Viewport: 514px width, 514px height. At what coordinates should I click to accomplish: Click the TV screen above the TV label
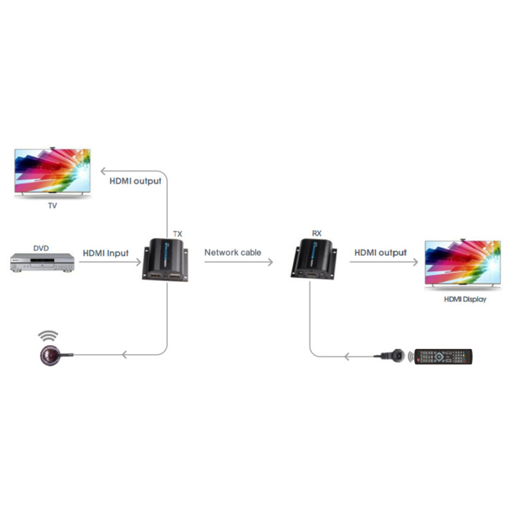point(52,171)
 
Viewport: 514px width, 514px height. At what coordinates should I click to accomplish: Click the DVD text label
point(41,247)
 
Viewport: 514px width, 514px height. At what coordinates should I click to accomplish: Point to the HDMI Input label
point(105,253)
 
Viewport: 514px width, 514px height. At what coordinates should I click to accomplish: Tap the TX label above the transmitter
point(178,234)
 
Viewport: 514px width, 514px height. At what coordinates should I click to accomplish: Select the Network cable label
point(233,253)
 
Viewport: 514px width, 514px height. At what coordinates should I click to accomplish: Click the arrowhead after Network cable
point(270,261)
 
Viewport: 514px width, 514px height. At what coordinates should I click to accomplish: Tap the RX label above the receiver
point(316,234)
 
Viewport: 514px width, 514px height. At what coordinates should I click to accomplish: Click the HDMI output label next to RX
point(381,253)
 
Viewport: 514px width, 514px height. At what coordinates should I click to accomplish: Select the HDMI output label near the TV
point(135,181)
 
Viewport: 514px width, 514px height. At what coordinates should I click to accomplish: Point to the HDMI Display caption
point(465,299)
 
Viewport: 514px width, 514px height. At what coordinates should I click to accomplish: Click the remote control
point(443,357)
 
